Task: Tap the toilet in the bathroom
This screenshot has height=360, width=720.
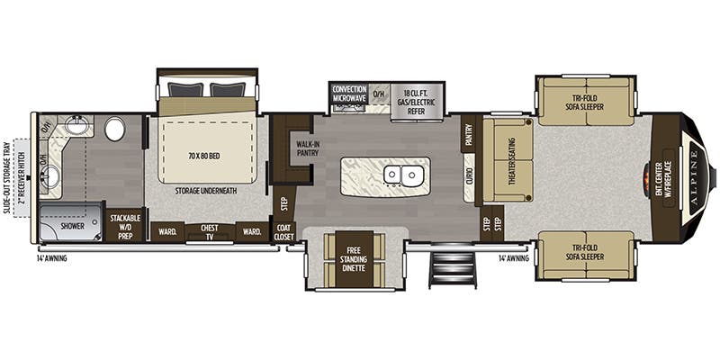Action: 114,130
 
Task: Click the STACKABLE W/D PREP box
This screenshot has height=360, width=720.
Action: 125,227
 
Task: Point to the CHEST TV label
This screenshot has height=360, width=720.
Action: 210,231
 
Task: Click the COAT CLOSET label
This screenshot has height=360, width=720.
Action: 283,231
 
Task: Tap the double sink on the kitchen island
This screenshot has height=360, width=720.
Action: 402,175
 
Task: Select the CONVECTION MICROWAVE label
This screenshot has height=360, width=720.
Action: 348,94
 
